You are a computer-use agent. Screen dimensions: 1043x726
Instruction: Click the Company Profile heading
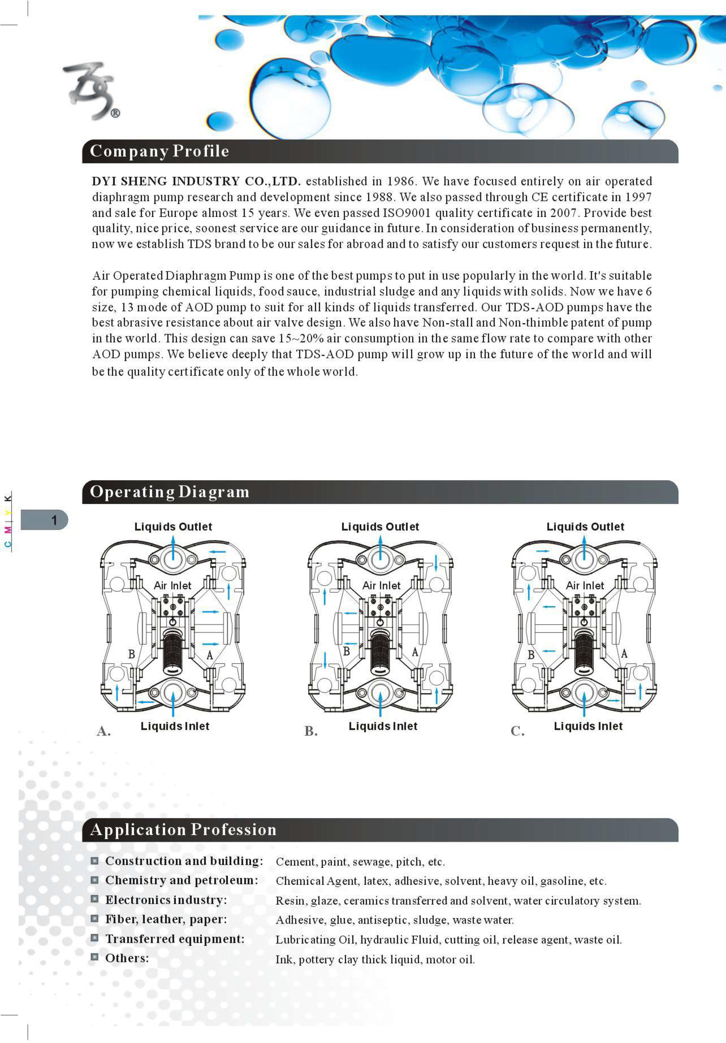[159, 151]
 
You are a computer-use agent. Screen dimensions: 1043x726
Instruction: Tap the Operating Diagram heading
[169, 492]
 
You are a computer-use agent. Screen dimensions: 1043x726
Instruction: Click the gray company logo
[91, 91]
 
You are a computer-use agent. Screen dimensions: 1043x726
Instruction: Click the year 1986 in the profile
[400, 181]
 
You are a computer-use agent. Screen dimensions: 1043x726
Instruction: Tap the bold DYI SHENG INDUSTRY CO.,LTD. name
[196, 181]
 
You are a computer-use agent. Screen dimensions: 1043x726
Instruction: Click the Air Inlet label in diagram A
[172, 585]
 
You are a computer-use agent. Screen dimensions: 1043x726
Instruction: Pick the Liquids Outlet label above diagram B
[380, 526]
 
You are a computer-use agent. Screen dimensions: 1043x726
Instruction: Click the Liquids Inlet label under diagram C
[588, 726]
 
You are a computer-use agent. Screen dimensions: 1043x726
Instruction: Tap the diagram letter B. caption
[311, 731]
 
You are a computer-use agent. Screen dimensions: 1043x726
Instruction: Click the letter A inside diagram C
[624, 654]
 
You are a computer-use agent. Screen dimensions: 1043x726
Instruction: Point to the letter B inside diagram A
[131, 654]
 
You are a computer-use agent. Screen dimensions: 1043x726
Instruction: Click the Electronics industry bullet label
[166, 900]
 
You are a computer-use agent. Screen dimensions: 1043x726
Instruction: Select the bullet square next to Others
[95, 957]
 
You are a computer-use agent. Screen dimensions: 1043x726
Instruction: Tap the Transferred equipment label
[175, 939]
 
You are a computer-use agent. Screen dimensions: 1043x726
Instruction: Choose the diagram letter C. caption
[517, 731]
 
